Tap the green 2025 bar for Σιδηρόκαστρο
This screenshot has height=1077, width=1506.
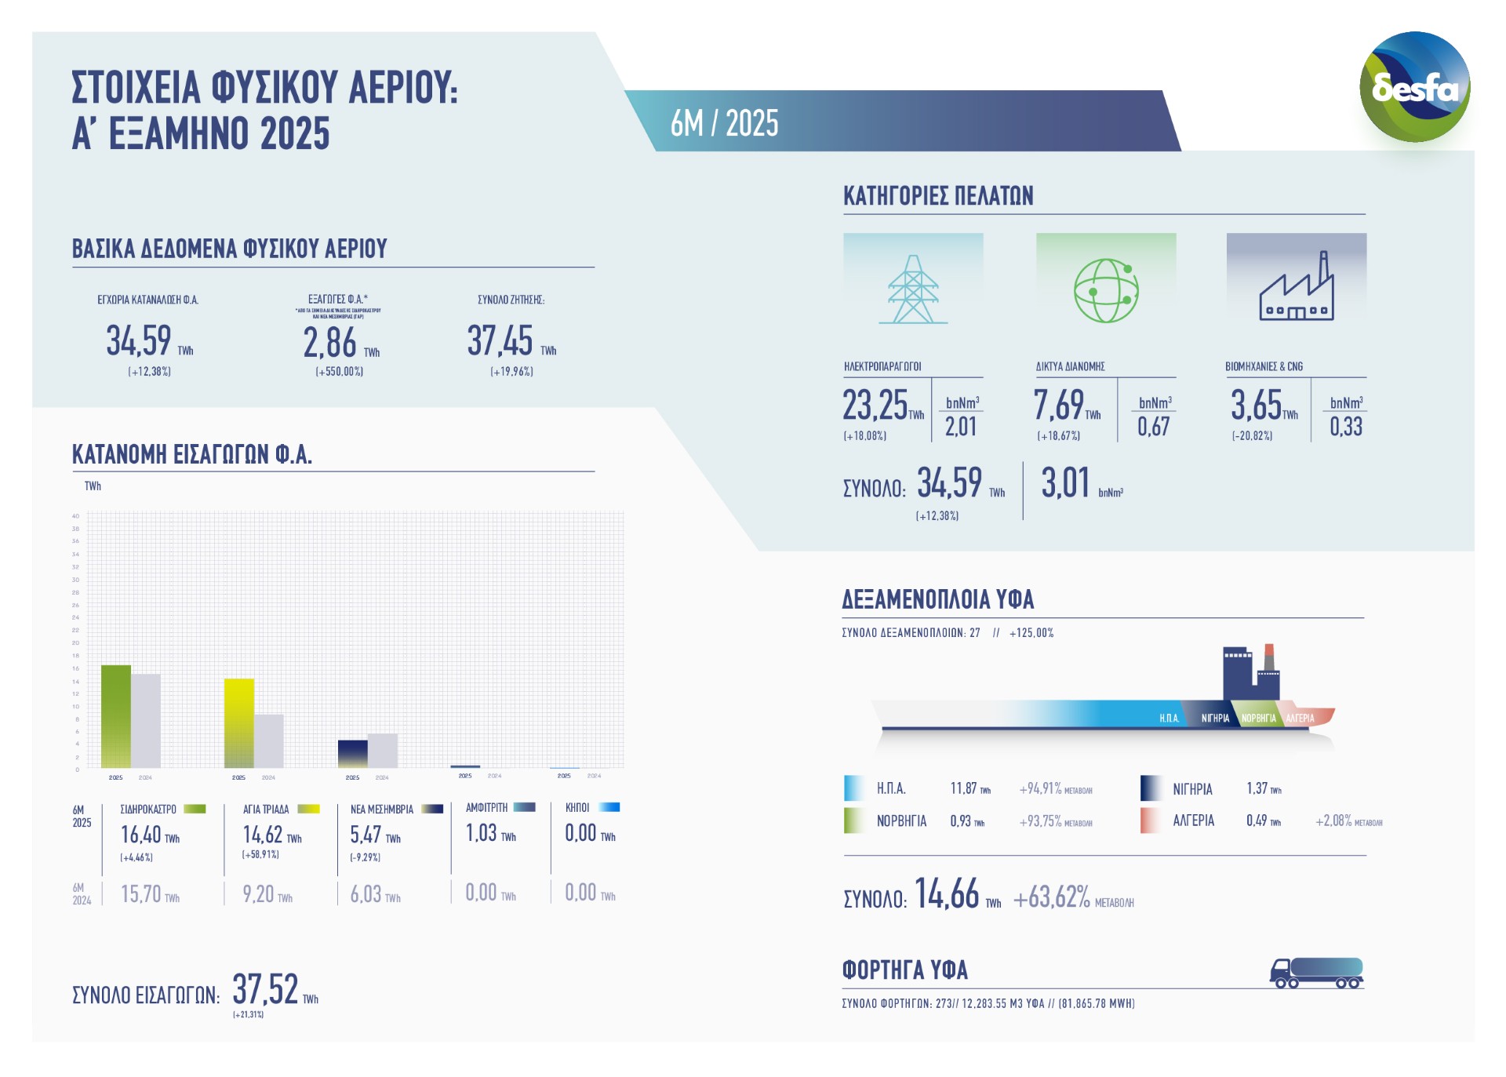tap(116, 715)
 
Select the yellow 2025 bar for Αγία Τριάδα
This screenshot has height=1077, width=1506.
tap(239, 722)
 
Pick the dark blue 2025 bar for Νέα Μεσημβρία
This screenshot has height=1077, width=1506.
tap(352, 753)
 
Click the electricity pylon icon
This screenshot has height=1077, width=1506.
tap(913, 289)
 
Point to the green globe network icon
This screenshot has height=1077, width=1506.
tap(1106, 290)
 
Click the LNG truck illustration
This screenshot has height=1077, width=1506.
tap(1316, 973)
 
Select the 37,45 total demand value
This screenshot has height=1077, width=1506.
tap(500, 341)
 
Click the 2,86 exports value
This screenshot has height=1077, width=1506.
tap(330, 343)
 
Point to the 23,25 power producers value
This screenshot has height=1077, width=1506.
tap(875, 406)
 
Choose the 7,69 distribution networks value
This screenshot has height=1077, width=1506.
tap(1058, 406)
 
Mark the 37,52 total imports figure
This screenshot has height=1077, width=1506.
tap(265, 989)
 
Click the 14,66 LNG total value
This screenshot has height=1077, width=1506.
tap(947, 894)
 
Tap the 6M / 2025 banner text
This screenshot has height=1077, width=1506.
tap(724, 124)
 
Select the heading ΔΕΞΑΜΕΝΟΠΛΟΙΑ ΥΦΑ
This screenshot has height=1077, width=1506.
tap(937, 600)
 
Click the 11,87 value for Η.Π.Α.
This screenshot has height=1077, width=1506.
tap(963, 788)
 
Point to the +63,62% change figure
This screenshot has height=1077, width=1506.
tap(1051, 897)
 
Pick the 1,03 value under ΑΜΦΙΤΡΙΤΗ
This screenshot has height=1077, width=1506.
tap(482, 833)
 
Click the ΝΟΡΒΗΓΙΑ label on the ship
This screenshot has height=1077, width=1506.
tap(1258, 718)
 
